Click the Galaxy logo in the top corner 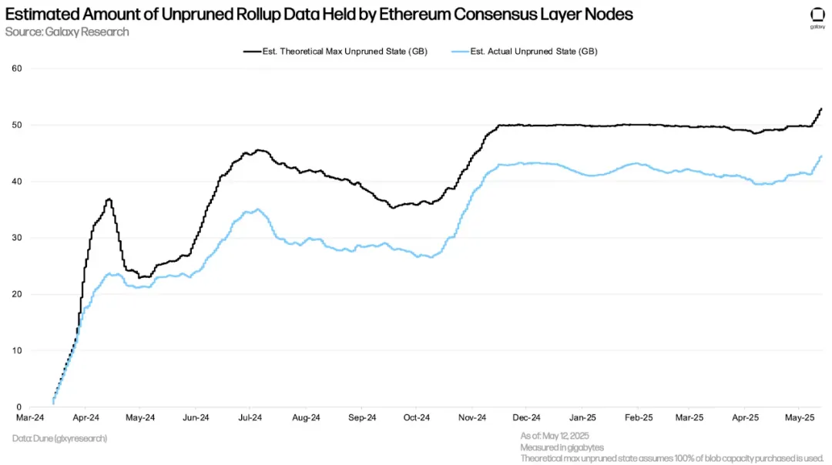(817, 16)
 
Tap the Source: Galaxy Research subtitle (67, 32)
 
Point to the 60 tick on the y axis (17, 69)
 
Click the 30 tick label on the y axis (17, 238)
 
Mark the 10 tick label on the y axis (17, 350)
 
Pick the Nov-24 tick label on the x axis (471, 418)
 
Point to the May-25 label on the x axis (800, 418)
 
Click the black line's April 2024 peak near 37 (109, 199)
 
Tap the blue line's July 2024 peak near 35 (258, 209)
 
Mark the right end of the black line (821, 109)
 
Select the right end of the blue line (821, 156)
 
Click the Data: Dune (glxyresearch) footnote (59, 438)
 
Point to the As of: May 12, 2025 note (555, 437)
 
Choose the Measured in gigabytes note (562, 447)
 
